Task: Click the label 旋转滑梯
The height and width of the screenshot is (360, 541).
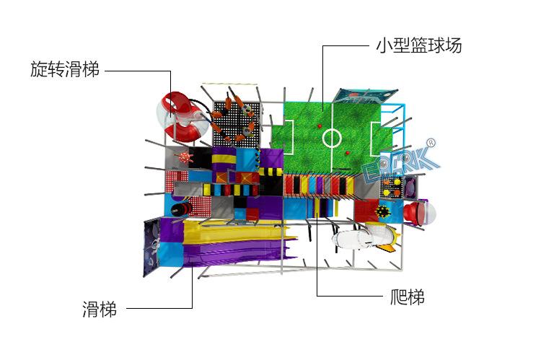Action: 64,71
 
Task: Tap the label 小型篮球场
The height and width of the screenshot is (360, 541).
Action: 418,46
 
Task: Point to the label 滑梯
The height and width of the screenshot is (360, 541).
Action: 99,310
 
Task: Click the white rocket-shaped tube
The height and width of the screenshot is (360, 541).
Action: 361,238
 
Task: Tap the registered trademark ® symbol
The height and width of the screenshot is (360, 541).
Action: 432,141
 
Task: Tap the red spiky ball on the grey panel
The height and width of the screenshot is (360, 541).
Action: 183,159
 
